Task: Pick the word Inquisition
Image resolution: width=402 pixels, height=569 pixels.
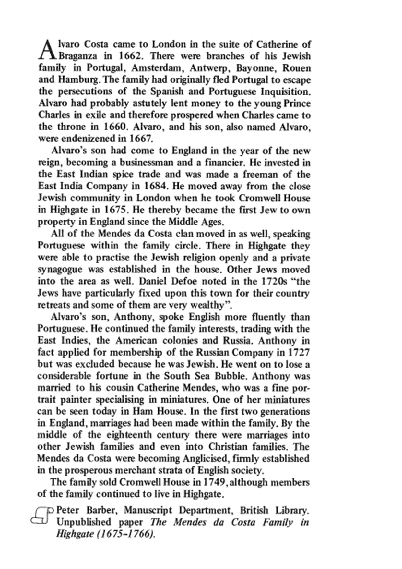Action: pyautogui.click(x=286, y=91)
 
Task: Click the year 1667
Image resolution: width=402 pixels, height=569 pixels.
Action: pyautogui.click(x=140, y=139)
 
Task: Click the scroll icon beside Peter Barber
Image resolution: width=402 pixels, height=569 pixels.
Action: pyautogui.click(x=41, y=516)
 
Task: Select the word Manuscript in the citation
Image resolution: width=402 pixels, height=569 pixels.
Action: pyautogui.click(x=148, y=510)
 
